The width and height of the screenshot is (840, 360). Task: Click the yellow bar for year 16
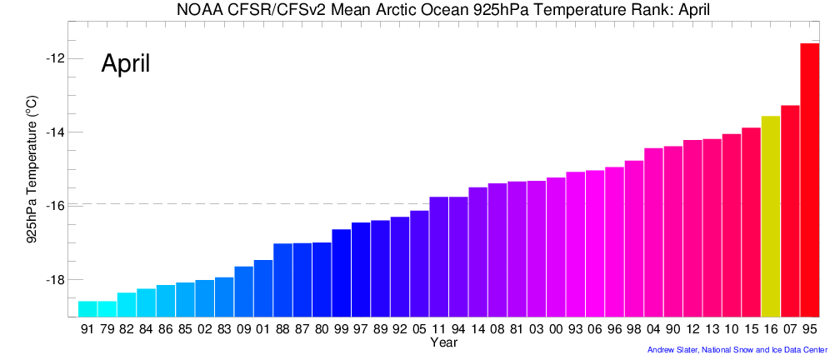coord(771,217)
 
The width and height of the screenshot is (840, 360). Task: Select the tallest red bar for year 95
coord(809,180)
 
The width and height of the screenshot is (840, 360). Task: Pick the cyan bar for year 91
coord(87,309)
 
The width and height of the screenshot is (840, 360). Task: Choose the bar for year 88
coord(282,280)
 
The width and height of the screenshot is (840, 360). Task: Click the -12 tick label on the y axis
coord(56,58)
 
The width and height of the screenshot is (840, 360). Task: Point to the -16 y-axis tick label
coord(56,206)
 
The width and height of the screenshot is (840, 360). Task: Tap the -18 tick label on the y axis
coord(56,279)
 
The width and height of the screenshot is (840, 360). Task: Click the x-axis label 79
coord(107,330)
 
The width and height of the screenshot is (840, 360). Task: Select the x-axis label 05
coord(419,330)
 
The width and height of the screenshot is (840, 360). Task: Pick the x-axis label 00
coord(556,330)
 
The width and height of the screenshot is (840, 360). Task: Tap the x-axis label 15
coord(751,330)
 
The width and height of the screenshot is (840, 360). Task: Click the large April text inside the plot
coord(125,63)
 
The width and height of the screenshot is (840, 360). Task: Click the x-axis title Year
coord(442,342)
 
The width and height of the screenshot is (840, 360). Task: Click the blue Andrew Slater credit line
coord(737,350)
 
